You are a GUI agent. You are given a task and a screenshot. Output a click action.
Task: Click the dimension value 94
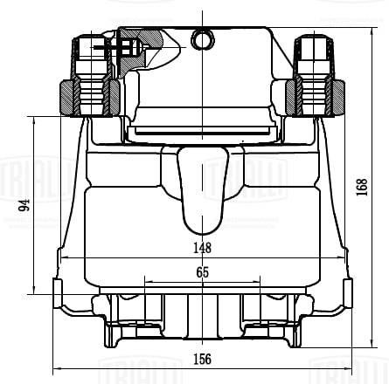click(25, 206)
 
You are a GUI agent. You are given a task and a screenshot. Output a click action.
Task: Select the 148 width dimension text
click(202, 247)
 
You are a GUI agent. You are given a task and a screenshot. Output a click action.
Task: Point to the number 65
click(202, 272)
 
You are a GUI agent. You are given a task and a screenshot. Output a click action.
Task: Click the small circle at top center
click(203, 38)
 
